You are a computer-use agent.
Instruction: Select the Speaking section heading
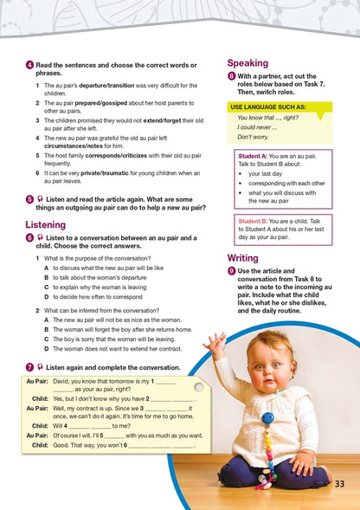[247, 63]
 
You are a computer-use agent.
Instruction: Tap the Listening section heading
[45, 224]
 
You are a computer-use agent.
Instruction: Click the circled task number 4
[29, 65]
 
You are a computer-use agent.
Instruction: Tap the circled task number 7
[29, 366]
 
